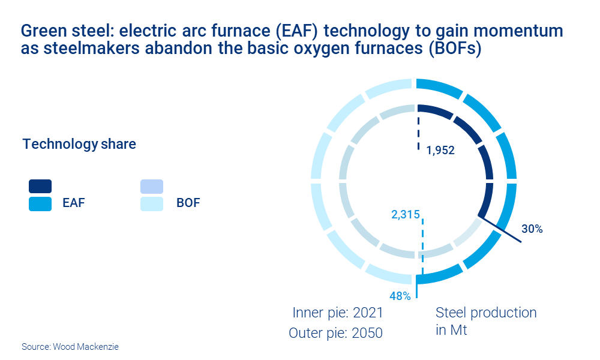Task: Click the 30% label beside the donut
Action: pyautogui.click(x=532, y=229)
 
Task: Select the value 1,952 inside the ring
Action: pyautogui.click(x=440, y=151)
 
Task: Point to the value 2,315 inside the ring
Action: pyautogui.click(x=406, y=214)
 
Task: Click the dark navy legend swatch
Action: pyautogui.click(x=40, y=187)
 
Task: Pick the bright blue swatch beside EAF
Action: pyautogui.click(x=40, y=203)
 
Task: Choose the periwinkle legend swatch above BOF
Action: pyautogui.click(x=152, y=187)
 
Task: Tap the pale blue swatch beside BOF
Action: pyautogui.click(x=152, y=203)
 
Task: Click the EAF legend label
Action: pyautogui.click(x=74, y=203)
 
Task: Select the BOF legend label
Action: pyautogui.click(x=188, y=203)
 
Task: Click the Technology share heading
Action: pyautogui.click(x=79, y=145)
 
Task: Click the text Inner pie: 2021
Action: pyautogui.click(x=337, y=313)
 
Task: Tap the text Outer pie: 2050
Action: pyautogui.click(x=335, y=333)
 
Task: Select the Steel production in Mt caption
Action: pyautogui.click(x=485, y=321)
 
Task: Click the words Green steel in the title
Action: pyautogui.click(x=57, y=31)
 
